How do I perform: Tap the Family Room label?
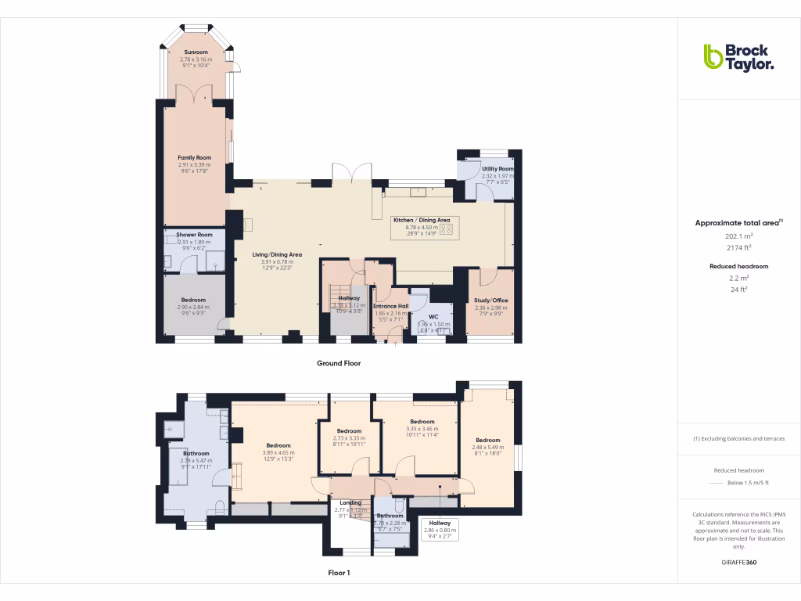pos(194,157)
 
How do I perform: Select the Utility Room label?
pos(497,169)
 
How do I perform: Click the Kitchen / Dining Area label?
pos(421,221)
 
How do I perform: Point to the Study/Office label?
pos(491,300)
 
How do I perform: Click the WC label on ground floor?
pos(433,316)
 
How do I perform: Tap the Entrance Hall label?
pos(391,306)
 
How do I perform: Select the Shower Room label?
pos(194,235)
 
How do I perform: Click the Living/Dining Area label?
pos(276,254)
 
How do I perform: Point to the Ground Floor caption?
pos(338,363)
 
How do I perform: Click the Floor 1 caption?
pos(338,573)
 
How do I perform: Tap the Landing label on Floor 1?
pos(350,502)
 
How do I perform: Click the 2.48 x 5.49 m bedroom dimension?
pos(487,447)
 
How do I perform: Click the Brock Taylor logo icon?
pos(713,56)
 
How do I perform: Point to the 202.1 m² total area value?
pos(738,236)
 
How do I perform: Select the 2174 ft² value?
pos(738,247)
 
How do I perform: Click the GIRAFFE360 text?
pos(738,563)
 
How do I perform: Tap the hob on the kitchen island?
pos(446,230)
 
